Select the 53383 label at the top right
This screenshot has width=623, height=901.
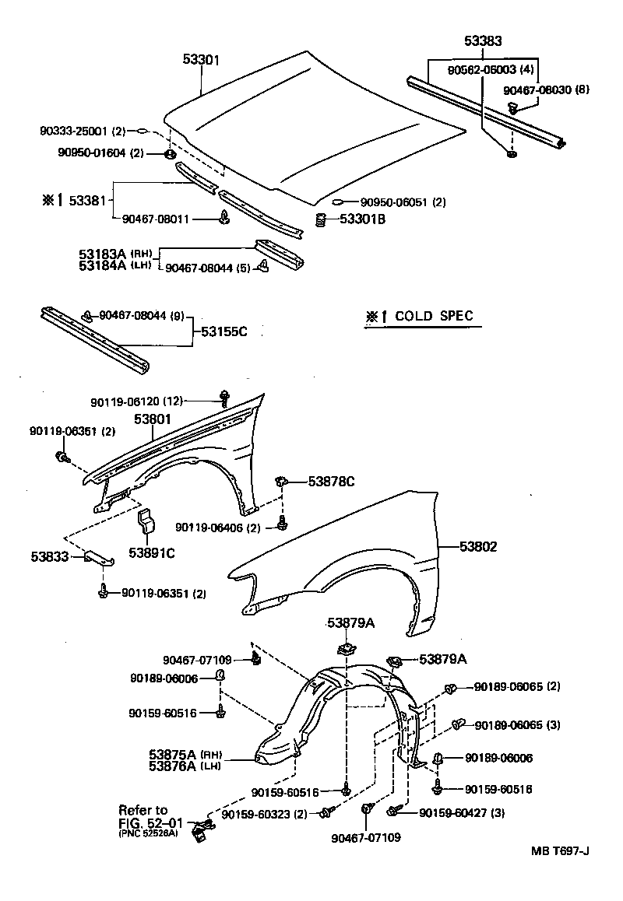pyautogui.click(x=483, y=44)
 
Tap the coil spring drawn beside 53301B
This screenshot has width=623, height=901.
pyautogui.click(x=319, y=219)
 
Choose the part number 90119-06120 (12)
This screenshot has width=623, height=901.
pyautogui.click(x=136, y=401)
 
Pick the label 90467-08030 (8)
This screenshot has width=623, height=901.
pyautogui.click(x=546, y=89)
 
